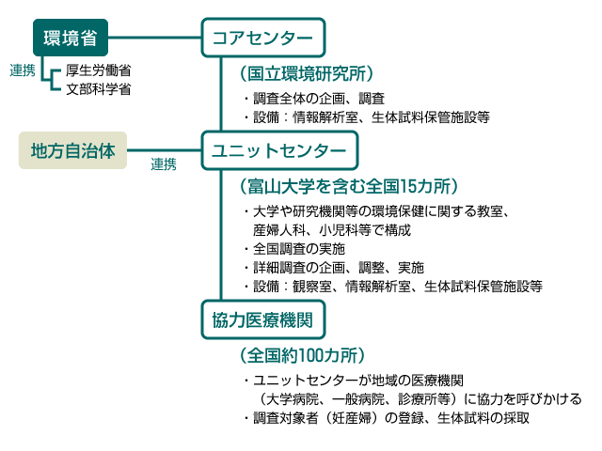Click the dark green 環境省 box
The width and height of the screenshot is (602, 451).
pyautogui.click(x=71, y=38)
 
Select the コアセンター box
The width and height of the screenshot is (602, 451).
pyautogui.click(x=263, y=38)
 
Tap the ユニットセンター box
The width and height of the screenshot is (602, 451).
pyautogui.click(x=279, y=150)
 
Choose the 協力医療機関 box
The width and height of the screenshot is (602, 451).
pyautogui.click(x=263, y=319)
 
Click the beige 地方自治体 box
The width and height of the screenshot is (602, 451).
pyautogui.click(x=72, y=150)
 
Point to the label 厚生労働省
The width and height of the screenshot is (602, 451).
pyautogui.click(x=98, y=70)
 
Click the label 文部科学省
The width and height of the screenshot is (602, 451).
pyautogui.click(x=98, y=89)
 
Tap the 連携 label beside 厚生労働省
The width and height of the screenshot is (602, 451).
pyautogui.click(x=23, y=70)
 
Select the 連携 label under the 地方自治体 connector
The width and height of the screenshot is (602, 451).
pyautogui.click(x=164, y=164)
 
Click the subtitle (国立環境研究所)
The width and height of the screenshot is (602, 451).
pyautogui.click(x=307, y=73)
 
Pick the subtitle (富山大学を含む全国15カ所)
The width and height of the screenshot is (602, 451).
pyautogui.click(x=349, y=186)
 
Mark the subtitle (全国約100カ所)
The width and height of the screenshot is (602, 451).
pyautogui.click(x=302, y=355)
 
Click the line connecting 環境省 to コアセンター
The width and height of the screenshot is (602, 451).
pyautogui.click(x=154, y=38)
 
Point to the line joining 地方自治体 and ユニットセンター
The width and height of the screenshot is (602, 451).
pyautogui.click(x=165, y=150)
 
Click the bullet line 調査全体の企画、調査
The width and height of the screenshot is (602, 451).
pyautogui.click(x=314, y=99)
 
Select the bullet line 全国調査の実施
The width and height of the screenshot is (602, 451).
pyautogui.click(x=294, y=249)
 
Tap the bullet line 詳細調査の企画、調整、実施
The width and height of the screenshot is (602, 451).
pyautogui.click(x=334, y=268)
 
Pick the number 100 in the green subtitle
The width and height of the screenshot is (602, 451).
pyautogui.click(x=311, y=355)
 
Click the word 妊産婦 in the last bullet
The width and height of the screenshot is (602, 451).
pyautogui.click(x=352, y=418)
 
